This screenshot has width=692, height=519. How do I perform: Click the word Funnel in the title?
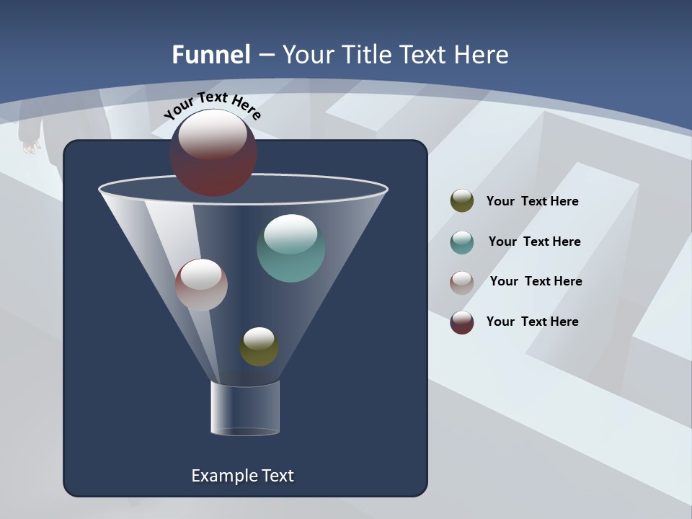tap(210, 55)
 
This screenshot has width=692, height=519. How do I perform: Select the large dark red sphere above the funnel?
tap(213, 152)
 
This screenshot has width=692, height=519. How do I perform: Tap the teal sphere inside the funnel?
tap(290, 249)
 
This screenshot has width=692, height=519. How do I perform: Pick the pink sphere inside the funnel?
tap(201, 285)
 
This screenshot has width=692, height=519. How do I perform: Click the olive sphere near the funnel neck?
tap(259, 347)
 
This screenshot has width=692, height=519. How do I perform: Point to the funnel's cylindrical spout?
tap(244, 409)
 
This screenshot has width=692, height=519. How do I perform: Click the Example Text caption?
tap(242, 476)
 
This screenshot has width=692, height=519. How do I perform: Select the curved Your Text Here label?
tap(212, 105)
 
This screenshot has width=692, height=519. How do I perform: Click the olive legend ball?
tap(462, 201)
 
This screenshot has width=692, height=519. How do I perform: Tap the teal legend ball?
tap(462, 242)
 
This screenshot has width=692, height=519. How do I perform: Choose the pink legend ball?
tap(462, 283)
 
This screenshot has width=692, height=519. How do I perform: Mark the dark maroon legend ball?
tap(462, 322)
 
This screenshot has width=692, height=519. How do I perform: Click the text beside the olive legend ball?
tap(532, 201)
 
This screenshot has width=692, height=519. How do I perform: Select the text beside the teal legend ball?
tap(534, 241)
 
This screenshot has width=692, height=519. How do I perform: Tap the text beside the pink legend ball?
tap(536, 281)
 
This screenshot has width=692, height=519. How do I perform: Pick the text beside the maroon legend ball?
tap(532, 321)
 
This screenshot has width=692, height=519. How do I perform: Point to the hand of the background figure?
tap(31, 147)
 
